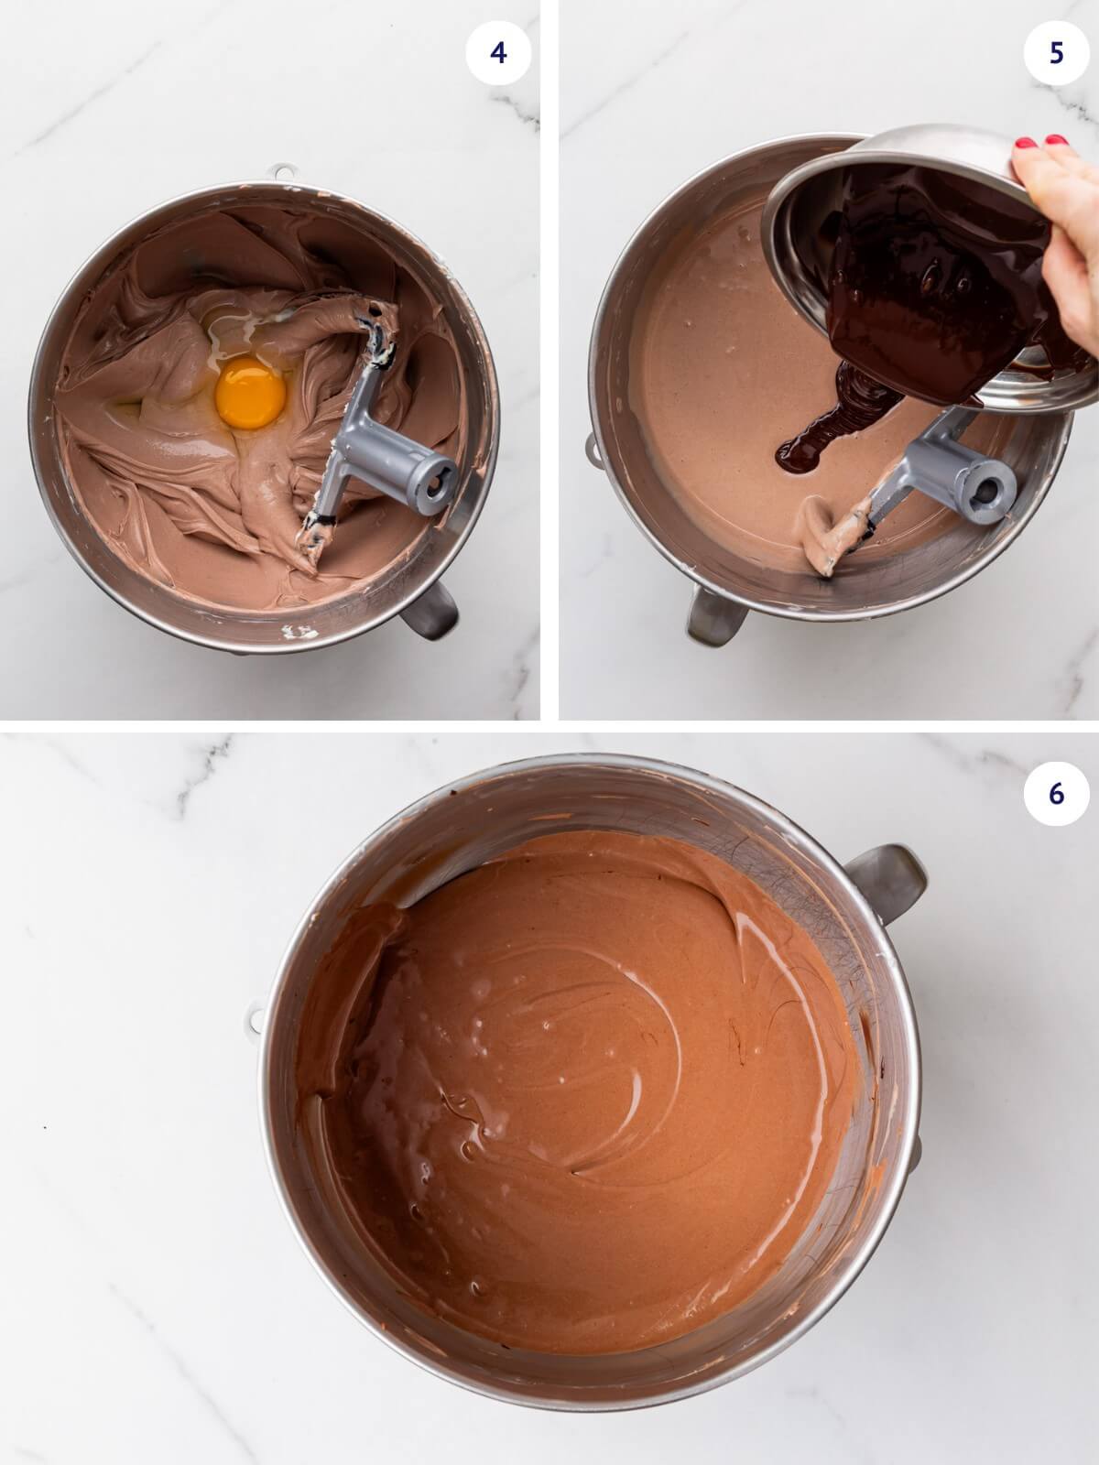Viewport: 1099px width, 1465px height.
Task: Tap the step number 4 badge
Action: point(497,53)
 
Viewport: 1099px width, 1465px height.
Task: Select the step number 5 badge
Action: point(1056,53)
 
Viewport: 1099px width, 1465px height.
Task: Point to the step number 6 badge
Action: point(1056,793)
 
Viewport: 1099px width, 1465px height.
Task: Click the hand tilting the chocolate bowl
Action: point(1062,229)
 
